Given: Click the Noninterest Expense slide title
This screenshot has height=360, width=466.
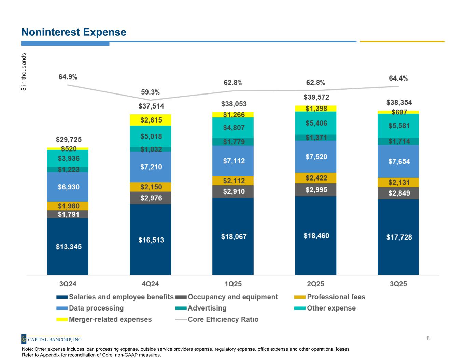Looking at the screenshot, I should [74, 32].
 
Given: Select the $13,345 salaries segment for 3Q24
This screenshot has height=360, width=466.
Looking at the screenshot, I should [68, 246].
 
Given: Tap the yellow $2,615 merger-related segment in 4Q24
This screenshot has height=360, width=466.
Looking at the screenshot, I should [150, 120].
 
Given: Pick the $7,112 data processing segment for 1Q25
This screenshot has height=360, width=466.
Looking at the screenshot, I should [233, 161].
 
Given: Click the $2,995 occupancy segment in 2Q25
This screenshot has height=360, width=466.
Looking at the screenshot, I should [315, 190].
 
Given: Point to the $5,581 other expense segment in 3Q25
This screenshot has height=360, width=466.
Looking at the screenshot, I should [398, 126].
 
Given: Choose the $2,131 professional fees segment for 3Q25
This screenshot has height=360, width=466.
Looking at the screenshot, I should [398, 183].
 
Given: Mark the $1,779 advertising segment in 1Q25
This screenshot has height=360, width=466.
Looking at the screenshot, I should [233, 142].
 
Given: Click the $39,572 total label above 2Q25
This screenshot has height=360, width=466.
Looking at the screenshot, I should [316, 98].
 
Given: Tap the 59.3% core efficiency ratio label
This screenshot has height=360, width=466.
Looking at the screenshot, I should [150, 92].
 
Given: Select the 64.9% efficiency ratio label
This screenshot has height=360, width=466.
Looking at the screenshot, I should [68, 77].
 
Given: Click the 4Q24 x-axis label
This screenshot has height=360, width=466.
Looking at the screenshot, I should [150, 284].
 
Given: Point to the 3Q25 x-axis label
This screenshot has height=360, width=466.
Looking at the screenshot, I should [398, 284].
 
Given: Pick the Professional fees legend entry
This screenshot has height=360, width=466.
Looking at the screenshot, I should [336, 297].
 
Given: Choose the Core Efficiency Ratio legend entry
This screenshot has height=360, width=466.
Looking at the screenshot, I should [223, 319].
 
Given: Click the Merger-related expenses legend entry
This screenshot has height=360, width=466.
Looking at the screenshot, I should [110, 319].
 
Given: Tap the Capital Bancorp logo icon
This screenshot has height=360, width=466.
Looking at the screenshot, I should [24, 339].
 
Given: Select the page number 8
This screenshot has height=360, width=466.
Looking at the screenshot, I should [428, 339].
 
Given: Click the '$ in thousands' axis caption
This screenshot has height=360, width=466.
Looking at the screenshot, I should [24, 72].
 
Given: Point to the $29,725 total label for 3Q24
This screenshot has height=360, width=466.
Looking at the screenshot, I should [69, 140].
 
